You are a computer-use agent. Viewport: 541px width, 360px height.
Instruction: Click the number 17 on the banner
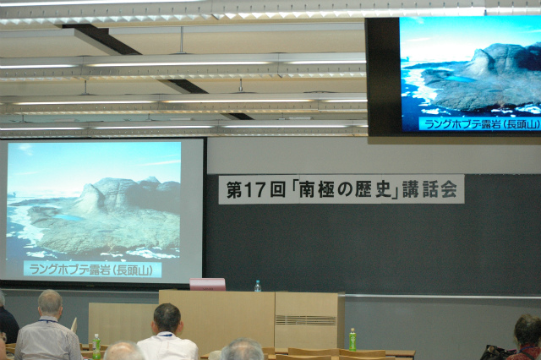click(x=255, y=190)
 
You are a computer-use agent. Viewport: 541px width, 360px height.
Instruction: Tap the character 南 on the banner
click(x=306, y=190)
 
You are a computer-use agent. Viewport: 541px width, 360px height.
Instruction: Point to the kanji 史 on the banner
click(x=383, y=189)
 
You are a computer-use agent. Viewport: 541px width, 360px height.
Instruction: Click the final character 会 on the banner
click(x=449, y=189)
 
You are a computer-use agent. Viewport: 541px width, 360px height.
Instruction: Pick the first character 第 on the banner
click(x=234, y=190)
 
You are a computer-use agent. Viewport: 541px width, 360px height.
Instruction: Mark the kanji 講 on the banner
click(x=410, y=189)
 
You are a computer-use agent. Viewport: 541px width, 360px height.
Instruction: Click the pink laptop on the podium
click(x=207, y=285)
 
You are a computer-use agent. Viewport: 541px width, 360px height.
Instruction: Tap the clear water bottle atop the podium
click(x=258, y=286)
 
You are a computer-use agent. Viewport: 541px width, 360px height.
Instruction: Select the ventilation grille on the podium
click(x=306, y=320)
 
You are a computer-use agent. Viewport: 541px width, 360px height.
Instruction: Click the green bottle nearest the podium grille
click(x=352, y=340)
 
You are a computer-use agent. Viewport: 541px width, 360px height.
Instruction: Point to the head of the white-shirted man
click(x=167, y=318)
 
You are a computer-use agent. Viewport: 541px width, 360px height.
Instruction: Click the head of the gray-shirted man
click(x=51, y=303)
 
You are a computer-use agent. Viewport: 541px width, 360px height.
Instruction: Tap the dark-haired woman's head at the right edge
click(x=527, y=330)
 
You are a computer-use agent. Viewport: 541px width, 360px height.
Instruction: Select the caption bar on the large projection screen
click(x=92, y=270)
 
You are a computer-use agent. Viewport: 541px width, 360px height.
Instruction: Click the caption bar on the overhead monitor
click(x=479, y=123)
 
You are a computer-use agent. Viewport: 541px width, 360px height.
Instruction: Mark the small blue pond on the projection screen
click(x=68, y=217)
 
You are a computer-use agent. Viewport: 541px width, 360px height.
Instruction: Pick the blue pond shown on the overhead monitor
click(x=461, y=79)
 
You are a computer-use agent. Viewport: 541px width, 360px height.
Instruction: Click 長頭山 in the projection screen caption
click(x=134, y=270)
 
